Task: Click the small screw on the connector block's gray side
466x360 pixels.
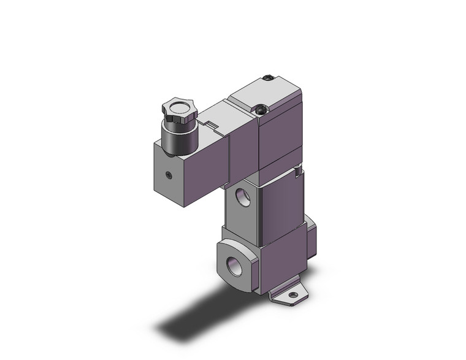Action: [x=170, y=175]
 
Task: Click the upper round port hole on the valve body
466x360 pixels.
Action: [x=242, y=198]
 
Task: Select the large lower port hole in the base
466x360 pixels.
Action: [x=234, y=267]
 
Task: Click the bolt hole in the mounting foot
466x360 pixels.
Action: [x=294, y=296]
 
